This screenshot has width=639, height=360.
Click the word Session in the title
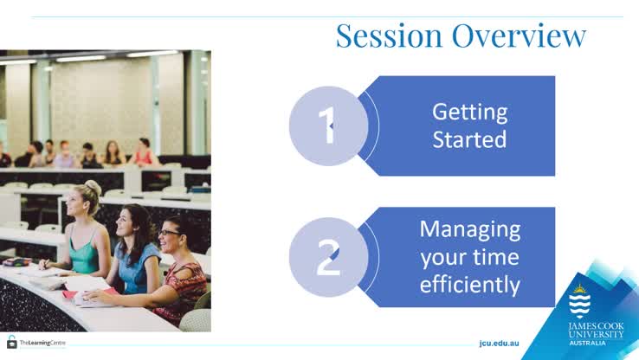378,36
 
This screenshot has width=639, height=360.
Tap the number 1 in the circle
328,126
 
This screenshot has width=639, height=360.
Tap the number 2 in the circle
328,258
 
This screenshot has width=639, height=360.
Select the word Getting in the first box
469,112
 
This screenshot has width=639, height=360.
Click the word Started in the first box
469,139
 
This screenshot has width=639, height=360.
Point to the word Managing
469,230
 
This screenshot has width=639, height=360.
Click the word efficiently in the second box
469,284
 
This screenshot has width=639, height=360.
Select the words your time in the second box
469,257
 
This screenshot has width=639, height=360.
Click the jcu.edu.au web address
499,343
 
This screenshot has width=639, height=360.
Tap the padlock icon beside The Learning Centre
12,342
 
